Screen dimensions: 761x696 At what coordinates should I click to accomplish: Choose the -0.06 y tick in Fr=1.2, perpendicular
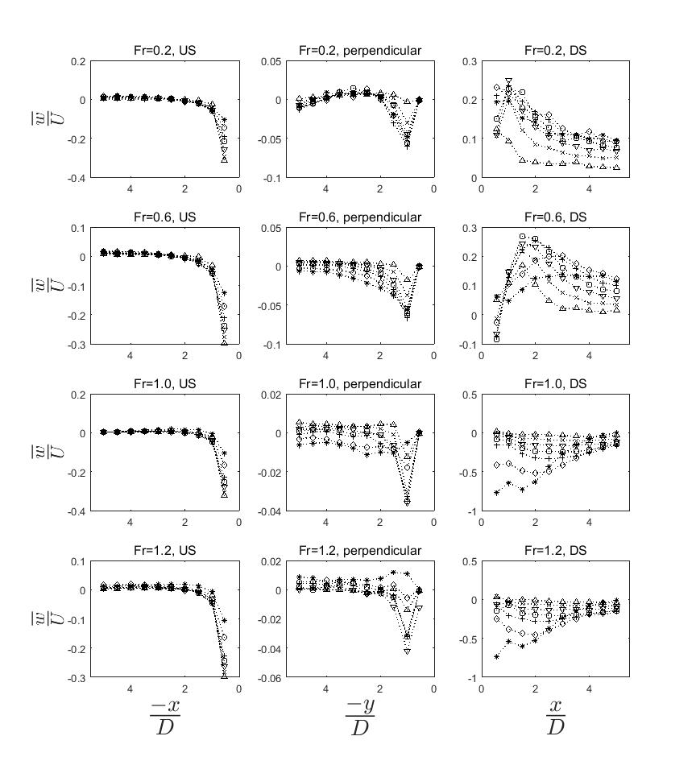pos(270,678)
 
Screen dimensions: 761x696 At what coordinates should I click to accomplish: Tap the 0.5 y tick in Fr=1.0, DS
pos(470,395)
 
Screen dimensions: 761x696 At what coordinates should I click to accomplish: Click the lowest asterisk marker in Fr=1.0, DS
pos(496,493)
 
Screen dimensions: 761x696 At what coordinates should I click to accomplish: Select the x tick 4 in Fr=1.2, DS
pos(590,689)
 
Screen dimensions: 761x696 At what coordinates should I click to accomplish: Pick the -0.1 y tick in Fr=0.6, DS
pos(468,345)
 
